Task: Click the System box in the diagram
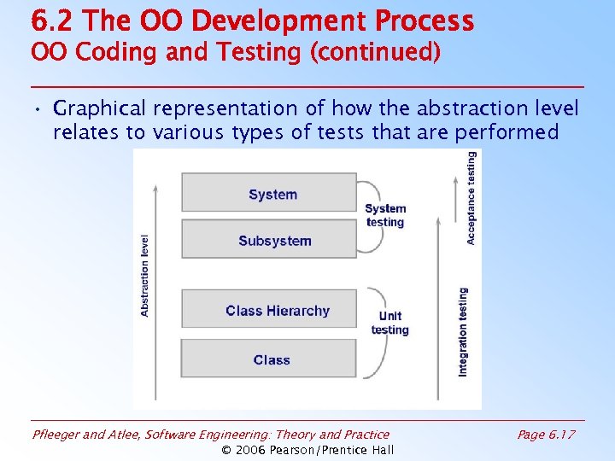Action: point(269,193)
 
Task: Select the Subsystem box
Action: point(269,240)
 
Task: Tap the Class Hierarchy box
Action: point(269,310)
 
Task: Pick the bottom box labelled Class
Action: point(269,359)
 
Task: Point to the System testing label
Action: point(385,215)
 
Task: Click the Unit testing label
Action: point(390,324)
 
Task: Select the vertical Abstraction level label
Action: point(144,276)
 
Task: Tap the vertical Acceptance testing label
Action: point(471,198)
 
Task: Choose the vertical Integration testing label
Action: point(463,331)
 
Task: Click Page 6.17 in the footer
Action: point(546,435)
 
